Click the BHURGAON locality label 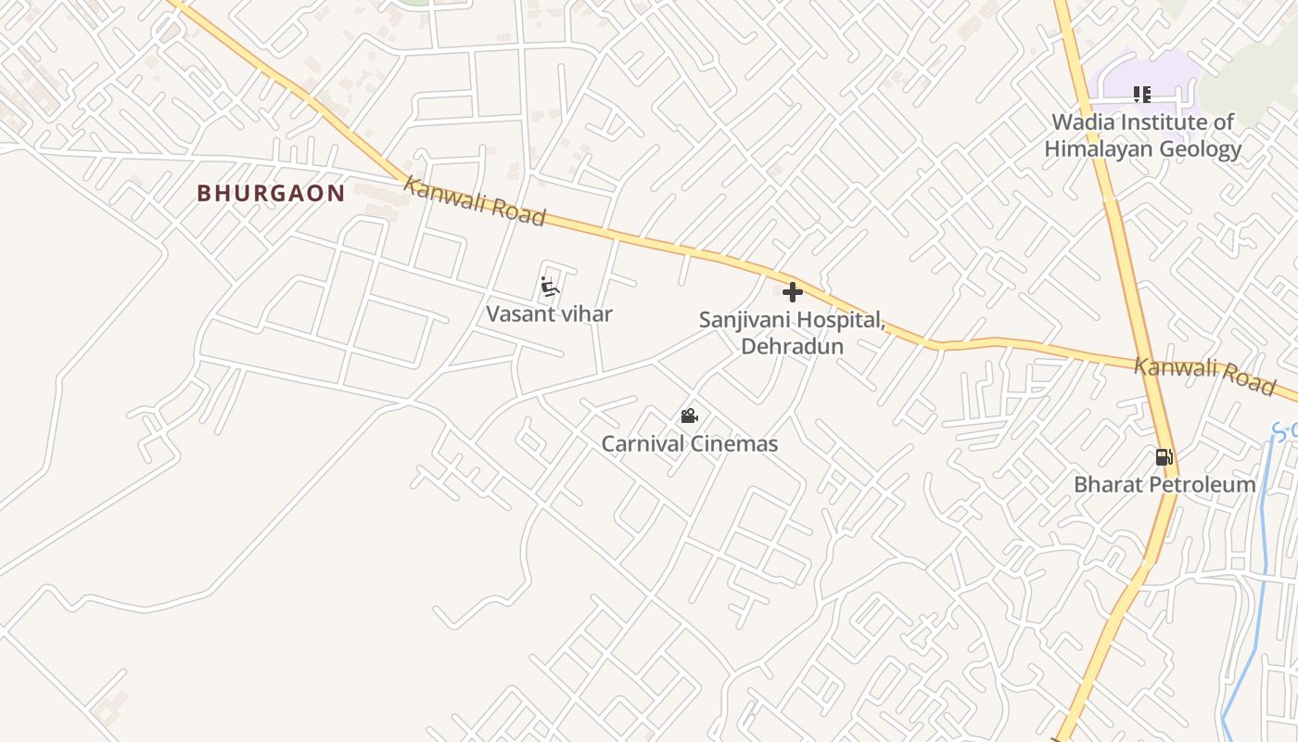[x=271, y=193]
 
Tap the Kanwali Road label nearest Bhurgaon [x=474, y=201]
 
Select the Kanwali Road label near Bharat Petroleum [x=1204, y=375]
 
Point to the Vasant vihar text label [x=549, y=313]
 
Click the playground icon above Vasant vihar [x=550, y=288]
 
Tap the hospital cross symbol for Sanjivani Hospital [x=792, y=292]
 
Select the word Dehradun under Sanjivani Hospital [x=792, y=346]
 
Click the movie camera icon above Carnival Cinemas [x=689, y=416]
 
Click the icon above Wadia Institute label [x=1142, y=95]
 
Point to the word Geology [x=1201, y=149]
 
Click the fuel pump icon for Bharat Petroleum [x=1164, y=456]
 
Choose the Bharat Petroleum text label [x=1164, y=484]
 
